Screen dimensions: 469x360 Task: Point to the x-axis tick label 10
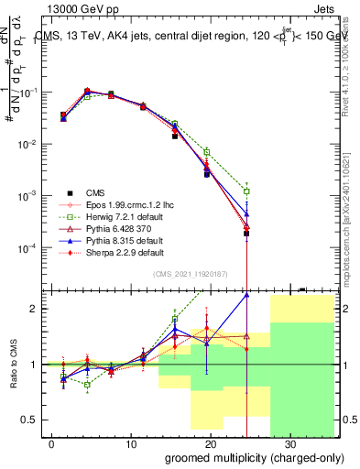131,443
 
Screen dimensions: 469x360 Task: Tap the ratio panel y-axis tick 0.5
30,420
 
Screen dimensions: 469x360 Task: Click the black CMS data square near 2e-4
246,234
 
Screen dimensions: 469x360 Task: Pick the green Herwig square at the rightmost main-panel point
246,191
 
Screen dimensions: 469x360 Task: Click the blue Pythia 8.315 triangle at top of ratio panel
246,295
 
